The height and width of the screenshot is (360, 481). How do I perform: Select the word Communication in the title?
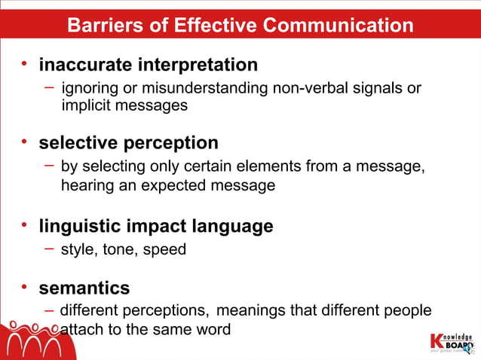(x=339, y=26)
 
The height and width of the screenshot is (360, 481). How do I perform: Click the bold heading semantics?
(x=84, y=288)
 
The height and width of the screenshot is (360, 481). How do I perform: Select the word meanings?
(x=254, y=310)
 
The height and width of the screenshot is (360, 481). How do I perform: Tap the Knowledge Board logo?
(x=451, y=341)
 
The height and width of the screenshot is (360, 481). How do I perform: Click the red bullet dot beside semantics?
(x=25, y=286)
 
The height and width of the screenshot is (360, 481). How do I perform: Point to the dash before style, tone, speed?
(x=49, y=248)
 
